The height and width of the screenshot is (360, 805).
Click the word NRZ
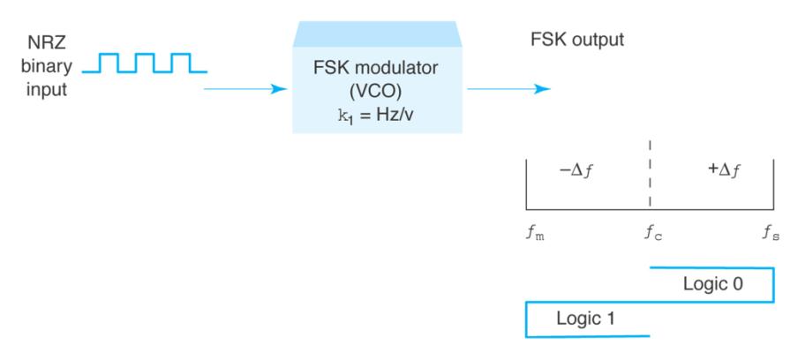[x=51, y=41]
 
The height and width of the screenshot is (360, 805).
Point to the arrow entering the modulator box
[x=247, y=88]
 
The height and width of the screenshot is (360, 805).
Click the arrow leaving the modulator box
[x=508, y=88]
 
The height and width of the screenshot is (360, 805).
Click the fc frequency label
[x=653, y=235]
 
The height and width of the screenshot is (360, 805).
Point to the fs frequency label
[x=771, y=235]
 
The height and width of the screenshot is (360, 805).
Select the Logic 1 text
[x=590, y=319]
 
